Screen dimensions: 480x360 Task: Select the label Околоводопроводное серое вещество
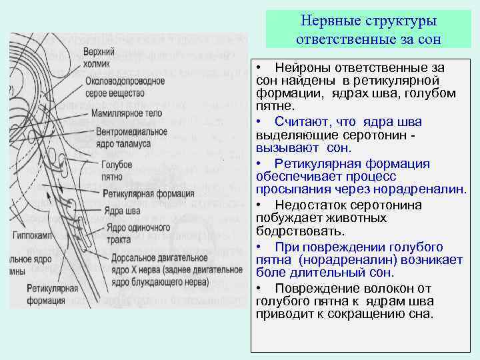tap(125, 87)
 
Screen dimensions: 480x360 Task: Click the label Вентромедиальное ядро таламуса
tap(131, 137)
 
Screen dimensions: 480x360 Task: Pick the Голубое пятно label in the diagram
tap(117, 169)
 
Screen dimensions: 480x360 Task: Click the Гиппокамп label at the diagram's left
tap(33, 235)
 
